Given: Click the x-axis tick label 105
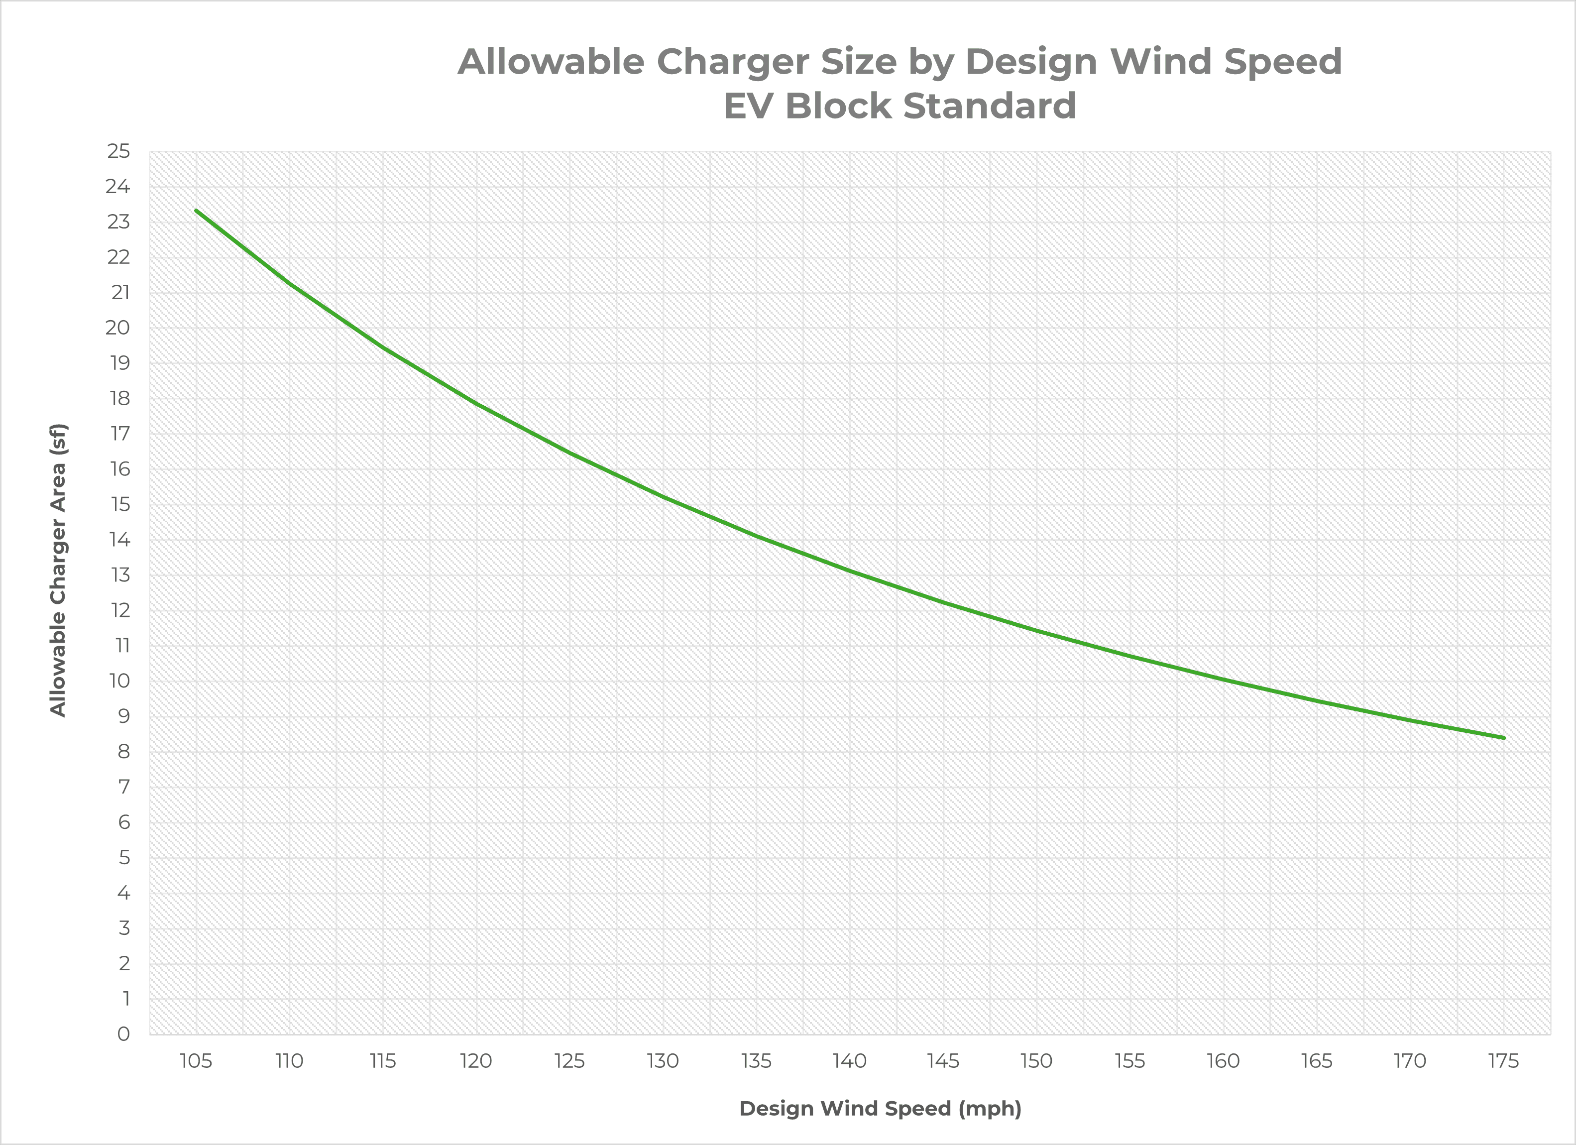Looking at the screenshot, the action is pyautogui.click(x=196, y=1061).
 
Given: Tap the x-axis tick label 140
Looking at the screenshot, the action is pyautogui.click(x=850, y=1061).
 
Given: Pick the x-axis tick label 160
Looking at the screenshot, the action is pyautogui.click(x=1224, y=1061).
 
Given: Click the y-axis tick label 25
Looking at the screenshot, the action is pyautogui.click(x=118, y=151).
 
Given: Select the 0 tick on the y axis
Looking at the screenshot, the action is pyautogui.click(x=123, y=1034).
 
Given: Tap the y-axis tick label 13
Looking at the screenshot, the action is pyautogui.click(x=119, y=575).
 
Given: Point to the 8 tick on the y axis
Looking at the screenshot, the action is pyautogui.click(x=123, y=752).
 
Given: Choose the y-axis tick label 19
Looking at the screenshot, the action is pyautogui.click(x=119, y=363).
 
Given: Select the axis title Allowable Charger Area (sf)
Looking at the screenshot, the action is pyautogui.click(x=58, y=570).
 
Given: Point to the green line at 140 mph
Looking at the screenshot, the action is pyautogui.click(x=850, y=572).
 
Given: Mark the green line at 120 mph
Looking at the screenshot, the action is pyautogui.click(x=476, y=403).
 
